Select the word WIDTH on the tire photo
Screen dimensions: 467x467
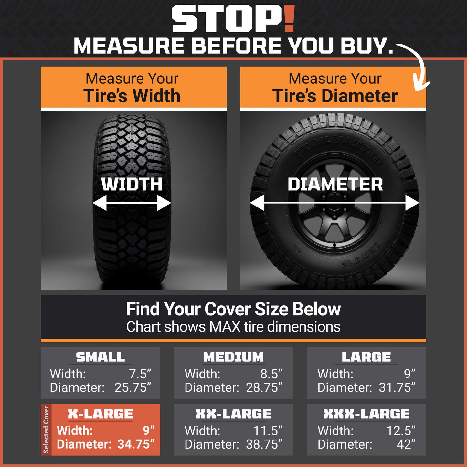pos(132,185)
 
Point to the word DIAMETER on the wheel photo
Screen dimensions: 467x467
pos(335,185)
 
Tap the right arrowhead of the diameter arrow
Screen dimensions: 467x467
pos(412,203)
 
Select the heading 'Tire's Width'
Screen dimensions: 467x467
pos(132,96)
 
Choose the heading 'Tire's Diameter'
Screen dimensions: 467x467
pos(335,96)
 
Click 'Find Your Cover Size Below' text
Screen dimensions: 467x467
pos(233,309)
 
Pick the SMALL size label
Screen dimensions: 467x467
pos(100,357)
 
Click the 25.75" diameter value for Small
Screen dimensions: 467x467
pos(133,387)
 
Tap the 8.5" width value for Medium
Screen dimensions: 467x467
pos(271,374)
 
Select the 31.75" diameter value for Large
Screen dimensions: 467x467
pos(397,387)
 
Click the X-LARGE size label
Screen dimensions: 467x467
pos(100,414)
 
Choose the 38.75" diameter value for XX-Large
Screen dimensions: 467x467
pos(264,444)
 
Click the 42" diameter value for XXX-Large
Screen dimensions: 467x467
pos(406,444)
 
